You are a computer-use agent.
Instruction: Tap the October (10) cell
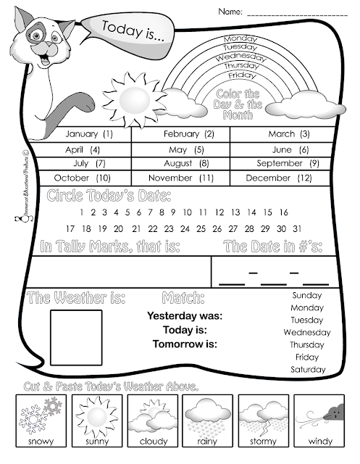82,178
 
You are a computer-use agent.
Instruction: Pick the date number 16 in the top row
283,212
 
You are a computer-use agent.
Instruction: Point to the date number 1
83,212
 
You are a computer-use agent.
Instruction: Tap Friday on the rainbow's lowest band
240,75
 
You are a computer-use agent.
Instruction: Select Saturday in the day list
307,370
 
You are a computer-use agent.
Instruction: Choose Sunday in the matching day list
307,296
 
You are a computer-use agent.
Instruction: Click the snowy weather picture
37,420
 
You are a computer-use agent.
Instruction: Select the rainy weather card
205,420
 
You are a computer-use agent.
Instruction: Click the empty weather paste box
75,336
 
